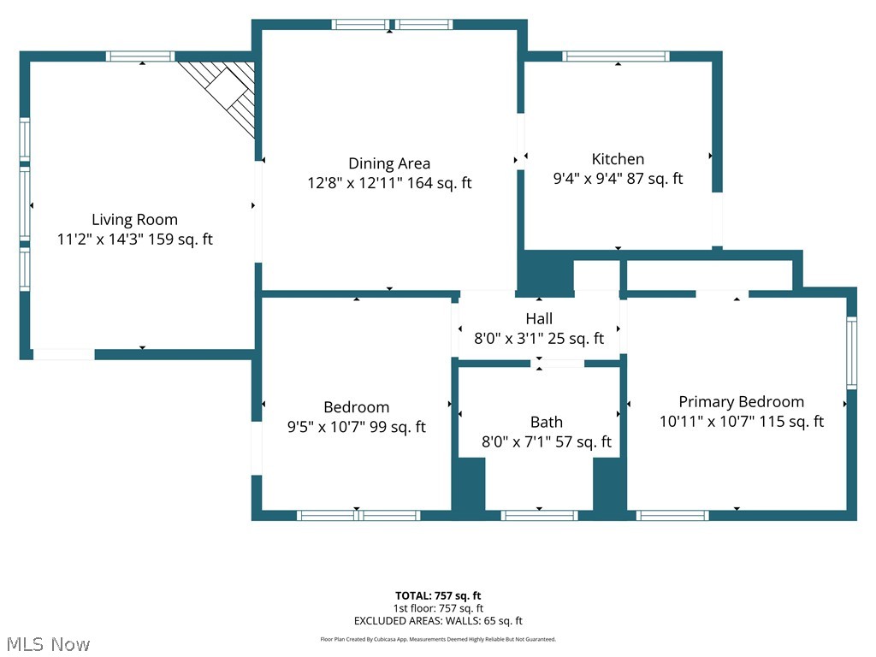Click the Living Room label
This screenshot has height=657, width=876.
pyautogui.click(x=134, y=220)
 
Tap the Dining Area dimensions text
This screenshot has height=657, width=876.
pyautogui.click(x=389, y=183)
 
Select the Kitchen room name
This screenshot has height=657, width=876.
pyautogui.click(x=618, y=159)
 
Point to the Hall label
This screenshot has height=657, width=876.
pyautogui.click(x=539, y=318)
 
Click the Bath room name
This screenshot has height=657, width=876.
pyautogui.click(x=547, y=422)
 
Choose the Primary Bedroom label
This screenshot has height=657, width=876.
pyautogui.click(x=742, y=402)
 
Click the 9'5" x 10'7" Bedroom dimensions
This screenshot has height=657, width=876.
pyautogui.click(x=357, y=427)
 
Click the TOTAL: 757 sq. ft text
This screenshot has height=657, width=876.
pyautogui.click(x=438, y=595)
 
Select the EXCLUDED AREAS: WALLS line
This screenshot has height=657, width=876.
pyautogui.click(x=438, y=621)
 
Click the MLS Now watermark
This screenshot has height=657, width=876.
pyautogui.click(x=48, y=644)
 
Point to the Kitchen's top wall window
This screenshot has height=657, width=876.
pyautogui.click(x=616, y=56)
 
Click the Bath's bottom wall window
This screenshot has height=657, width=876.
pyautogui.click(x=539, y=515)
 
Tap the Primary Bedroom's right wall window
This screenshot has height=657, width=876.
pyautogui.click(x=851, y=352)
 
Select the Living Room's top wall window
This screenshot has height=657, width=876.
pyautogui.click(x=140, y=56)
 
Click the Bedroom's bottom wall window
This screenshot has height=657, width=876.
pyautogui.click(x=358, y=515)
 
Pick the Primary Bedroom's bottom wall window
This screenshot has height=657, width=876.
pyautogui.click(x=672, y=515)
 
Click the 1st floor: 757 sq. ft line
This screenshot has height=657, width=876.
pyautogui.click(x=438, y=608)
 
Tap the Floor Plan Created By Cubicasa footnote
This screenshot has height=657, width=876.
pyautogui.click(x=438, y=639)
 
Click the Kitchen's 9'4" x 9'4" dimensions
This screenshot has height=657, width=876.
pyautogui.click(x=618, y=178)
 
